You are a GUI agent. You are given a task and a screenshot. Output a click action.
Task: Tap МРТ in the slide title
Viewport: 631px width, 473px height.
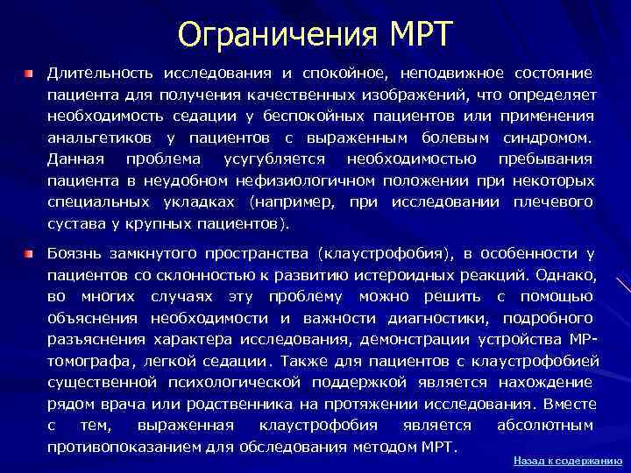[x=419, y=34]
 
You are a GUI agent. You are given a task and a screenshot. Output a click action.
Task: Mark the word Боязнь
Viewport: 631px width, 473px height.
[x=74, y=254]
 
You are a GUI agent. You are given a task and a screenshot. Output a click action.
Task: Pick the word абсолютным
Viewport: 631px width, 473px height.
[x=545, y=425]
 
